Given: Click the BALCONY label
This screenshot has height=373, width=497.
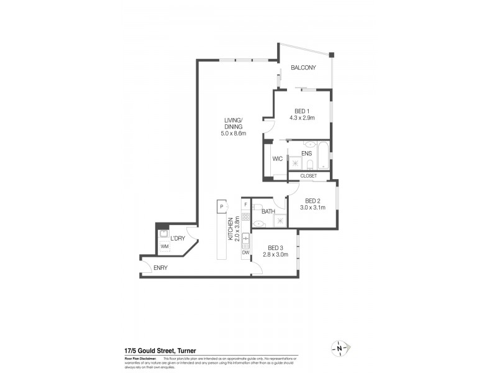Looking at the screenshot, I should pyautogui.click(x=304, y=68).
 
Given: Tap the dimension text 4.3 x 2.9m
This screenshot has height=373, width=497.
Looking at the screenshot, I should pyautogui.click(x=303, y=117).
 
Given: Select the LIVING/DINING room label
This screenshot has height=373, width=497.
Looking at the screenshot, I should pyautogui.click(x=234, y=123).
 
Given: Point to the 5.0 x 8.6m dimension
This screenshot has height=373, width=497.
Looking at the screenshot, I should pyautogui.click(x=234, y=133).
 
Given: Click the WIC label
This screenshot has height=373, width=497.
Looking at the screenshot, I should pyautogui.click(x=277, y=159).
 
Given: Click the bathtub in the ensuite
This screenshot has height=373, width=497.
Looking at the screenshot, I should pyautogui.click(x=324, y=157).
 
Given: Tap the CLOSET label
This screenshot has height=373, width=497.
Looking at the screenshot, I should pyautogui.click(x=309, y=176).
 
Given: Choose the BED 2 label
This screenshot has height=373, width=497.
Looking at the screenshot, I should pyautogui.click(x=310, y=200).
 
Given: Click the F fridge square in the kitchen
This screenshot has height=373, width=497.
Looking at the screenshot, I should pyautogui.click(x=246, y=205).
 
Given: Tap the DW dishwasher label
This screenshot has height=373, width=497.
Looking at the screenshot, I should pyautogui.click(x=246, y=252).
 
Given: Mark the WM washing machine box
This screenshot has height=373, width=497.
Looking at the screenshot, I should pyautogui.click(x=164, y=247).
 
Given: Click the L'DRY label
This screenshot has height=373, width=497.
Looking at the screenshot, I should pyautogui.click(x=178, y=238).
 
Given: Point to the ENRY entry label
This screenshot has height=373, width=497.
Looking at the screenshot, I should pyautogui.click(x=160, y=268).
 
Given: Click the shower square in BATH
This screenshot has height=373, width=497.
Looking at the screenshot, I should pyautogui.click(x=280, y=219).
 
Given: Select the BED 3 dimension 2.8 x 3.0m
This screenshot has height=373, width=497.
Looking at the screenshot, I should pyautogui.click(x=275, y=254).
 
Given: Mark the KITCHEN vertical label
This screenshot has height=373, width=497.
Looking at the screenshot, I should pyautogui.click(x=230, y=229).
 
